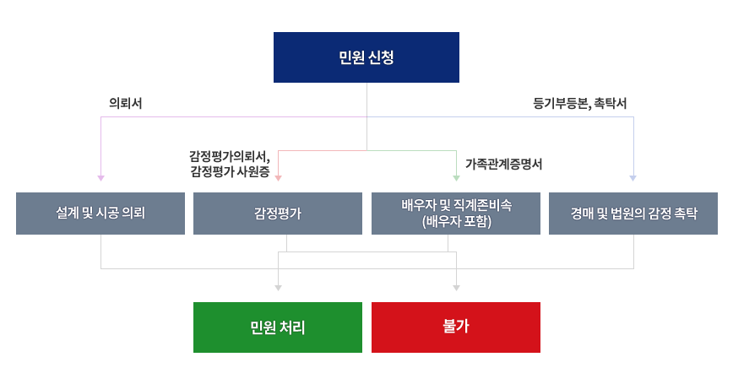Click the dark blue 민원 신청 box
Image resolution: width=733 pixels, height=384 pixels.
click(366, 57)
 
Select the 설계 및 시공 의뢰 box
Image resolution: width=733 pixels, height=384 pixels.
click(100, 214)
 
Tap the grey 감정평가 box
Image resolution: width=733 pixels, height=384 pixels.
click(278, 214)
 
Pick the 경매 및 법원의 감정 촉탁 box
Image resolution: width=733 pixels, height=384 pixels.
click(633, 214)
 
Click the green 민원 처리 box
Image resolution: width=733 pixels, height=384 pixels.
click(278, 327)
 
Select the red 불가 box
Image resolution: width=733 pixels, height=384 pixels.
click(456, 327)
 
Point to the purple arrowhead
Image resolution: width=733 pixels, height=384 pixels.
click(100, 178)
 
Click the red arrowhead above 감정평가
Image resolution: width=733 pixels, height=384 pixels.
click(278, 178)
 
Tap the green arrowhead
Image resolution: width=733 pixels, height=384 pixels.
click(456, 178)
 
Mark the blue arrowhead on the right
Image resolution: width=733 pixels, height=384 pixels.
click(633, 178)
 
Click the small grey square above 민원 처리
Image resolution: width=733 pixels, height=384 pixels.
click(278, 288)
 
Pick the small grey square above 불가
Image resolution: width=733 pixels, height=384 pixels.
click(456, 288)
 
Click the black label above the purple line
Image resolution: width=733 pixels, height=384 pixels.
click(125, 104)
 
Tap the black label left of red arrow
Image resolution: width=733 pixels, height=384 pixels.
click(230, 165)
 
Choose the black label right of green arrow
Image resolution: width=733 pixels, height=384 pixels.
click(503, 165)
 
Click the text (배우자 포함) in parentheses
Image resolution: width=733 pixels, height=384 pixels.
click(456, 223)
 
